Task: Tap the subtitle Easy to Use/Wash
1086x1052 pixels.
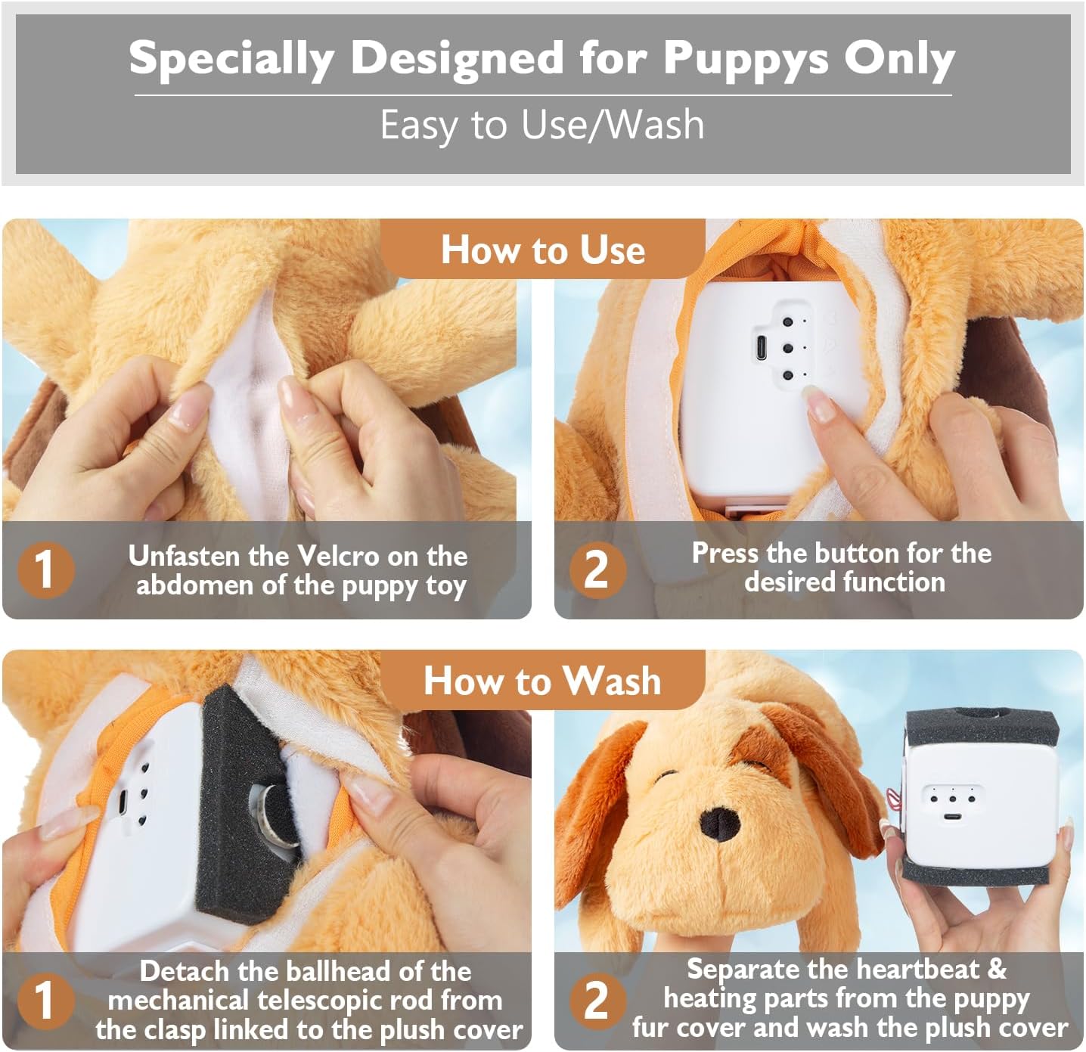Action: [x=542, y=125]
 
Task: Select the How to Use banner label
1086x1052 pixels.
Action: [x=543, y=250]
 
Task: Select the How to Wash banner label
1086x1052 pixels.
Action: [x=542, y=680]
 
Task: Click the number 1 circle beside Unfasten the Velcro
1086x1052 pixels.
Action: [x=45, y=569]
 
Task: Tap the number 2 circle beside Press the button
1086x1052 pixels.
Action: [x=597, y=569]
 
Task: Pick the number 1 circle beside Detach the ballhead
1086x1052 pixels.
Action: [x=45, y=1000]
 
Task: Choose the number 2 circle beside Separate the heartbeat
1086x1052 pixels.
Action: [x=597, y=1000]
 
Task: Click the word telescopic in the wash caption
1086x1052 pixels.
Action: [x=299, y=1001]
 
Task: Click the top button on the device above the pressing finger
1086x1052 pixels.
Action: [x=787, y=322]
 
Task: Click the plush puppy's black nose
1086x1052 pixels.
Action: [x=720, y=822]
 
